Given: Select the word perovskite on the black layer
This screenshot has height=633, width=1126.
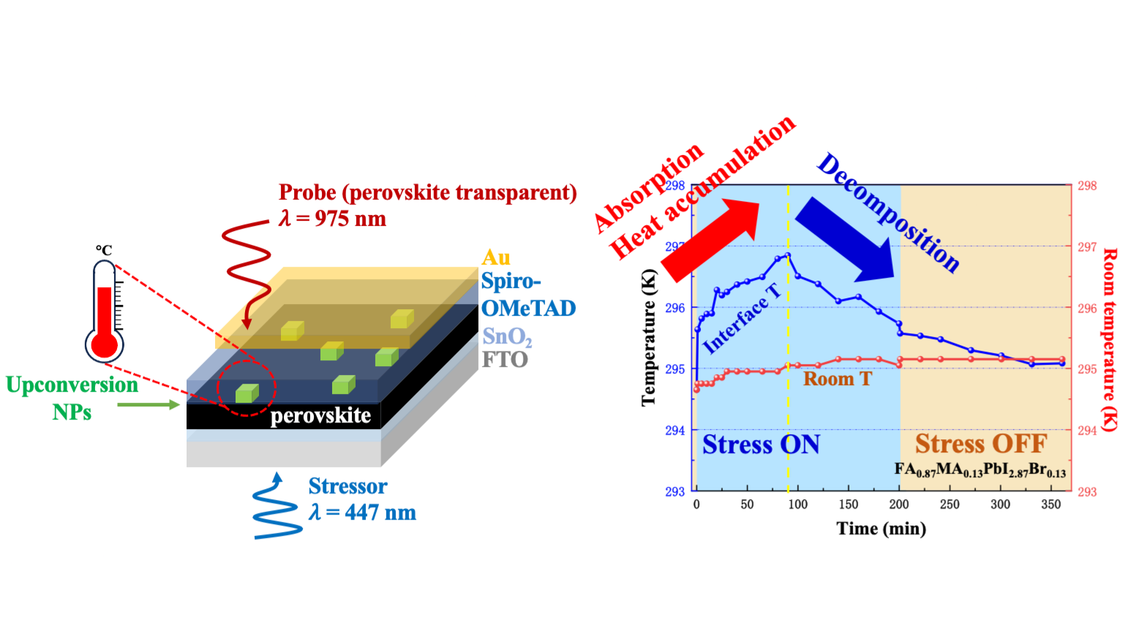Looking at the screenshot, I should [x=320, y=416].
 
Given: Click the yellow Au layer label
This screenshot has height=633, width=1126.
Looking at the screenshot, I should [x=495, y=257].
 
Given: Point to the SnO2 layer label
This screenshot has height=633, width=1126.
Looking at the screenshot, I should [x=506, y=336].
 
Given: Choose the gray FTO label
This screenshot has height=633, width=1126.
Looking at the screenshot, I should [x=504, y=360].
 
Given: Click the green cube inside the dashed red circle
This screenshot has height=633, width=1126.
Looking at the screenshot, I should [x=247, y=393].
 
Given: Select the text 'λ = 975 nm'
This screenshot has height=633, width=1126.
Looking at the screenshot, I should [x=332, y=219].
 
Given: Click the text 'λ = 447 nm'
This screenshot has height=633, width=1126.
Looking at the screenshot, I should [x=362, y=512].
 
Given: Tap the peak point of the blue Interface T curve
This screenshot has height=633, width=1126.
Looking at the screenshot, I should [x=788, y=255].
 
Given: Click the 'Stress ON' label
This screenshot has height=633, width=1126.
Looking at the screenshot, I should [x=761, y=444].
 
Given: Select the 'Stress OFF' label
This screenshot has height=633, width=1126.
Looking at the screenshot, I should [x=981, y=444].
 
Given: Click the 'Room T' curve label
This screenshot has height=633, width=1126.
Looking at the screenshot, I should [x=837, y=379].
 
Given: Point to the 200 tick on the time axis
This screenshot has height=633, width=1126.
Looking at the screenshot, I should [x=899, y=504].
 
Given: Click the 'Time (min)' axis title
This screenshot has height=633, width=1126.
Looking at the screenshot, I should [x=881, y=528].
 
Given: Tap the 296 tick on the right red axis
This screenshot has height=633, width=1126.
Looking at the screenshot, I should [x=1087, y=308].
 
